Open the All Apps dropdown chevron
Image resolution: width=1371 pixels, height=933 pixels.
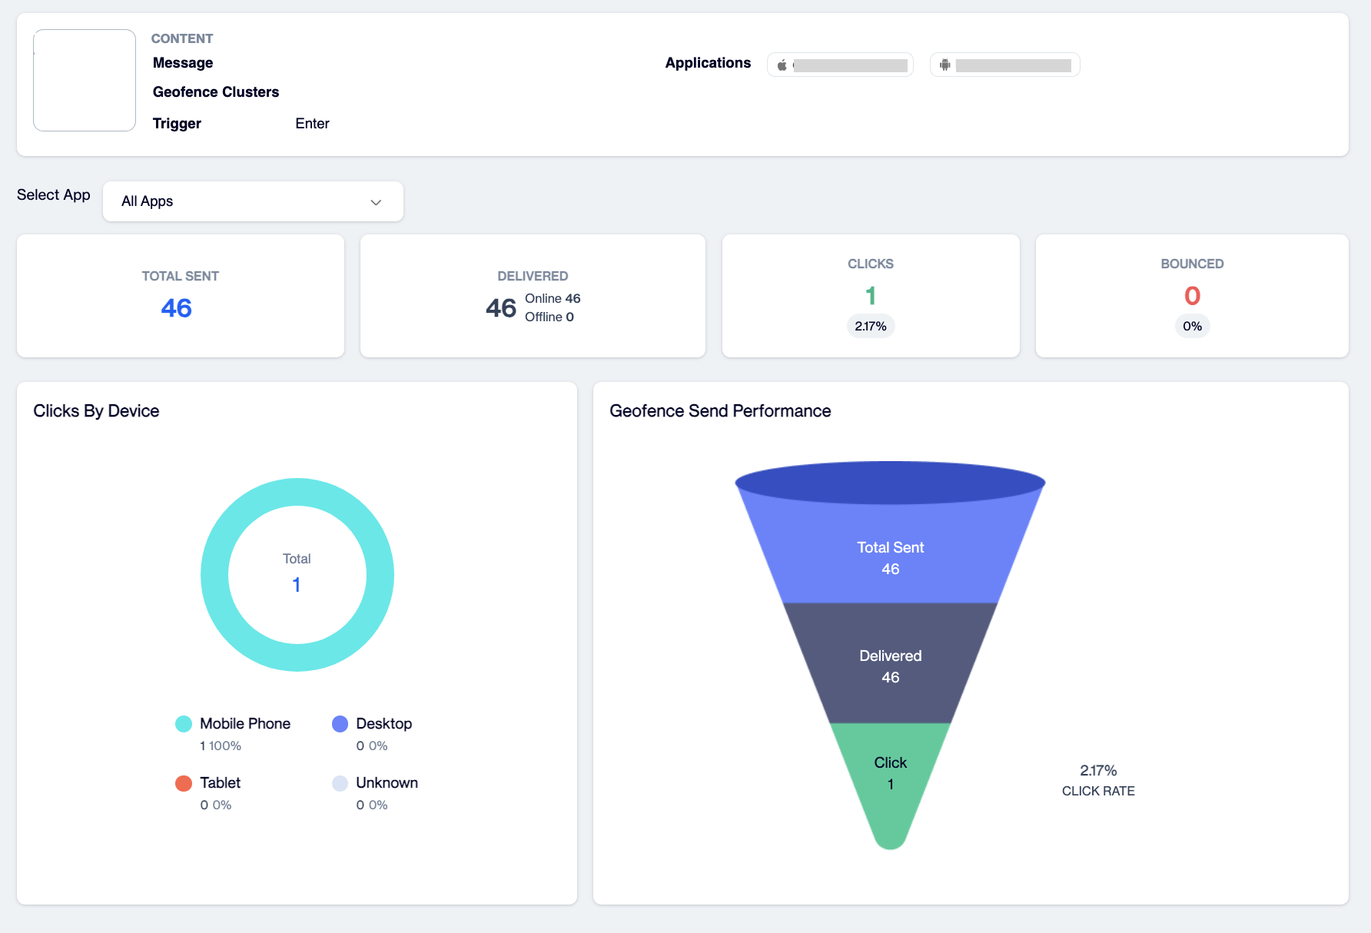point(376,202)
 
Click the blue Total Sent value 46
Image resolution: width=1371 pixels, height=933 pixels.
point(176,308)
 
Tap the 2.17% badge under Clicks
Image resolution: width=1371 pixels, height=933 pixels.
point(871,327)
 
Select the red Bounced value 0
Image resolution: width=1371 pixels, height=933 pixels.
point(1192,296)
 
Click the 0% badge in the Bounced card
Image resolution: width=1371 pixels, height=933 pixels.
point(1192,327)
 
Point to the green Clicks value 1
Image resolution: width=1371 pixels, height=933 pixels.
point(871,296)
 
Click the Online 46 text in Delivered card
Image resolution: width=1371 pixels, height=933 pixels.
point(553,298)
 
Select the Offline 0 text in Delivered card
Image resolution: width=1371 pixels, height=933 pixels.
point(549,317)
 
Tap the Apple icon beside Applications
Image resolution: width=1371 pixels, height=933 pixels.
point(782,65)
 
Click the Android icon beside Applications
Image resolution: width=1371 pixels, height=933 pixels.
point(945,65)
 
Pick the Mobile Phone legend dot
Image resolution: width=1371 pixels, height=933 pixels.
point(184,724)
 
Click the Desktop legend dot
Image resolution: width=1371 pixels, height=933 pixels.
point(340,724)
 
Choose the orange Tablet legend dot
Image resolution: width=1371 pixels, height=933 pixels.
point(184,783)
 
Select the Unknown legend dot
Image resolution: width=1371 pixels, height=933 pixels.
point(340,783)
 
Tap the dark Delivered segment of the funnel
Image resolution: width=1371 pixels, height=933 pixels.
point(891,664)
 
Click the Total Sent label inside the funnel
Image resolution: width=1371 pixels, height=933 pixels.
point(891,547)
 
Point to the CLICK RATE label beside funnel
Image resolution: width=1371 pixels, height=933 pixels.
point(1098,791)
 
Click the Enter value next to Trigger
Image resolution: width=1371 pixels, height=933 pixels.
point(312,124)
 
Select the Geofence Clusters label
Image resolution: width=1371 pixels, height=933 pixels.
point(216,92)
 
